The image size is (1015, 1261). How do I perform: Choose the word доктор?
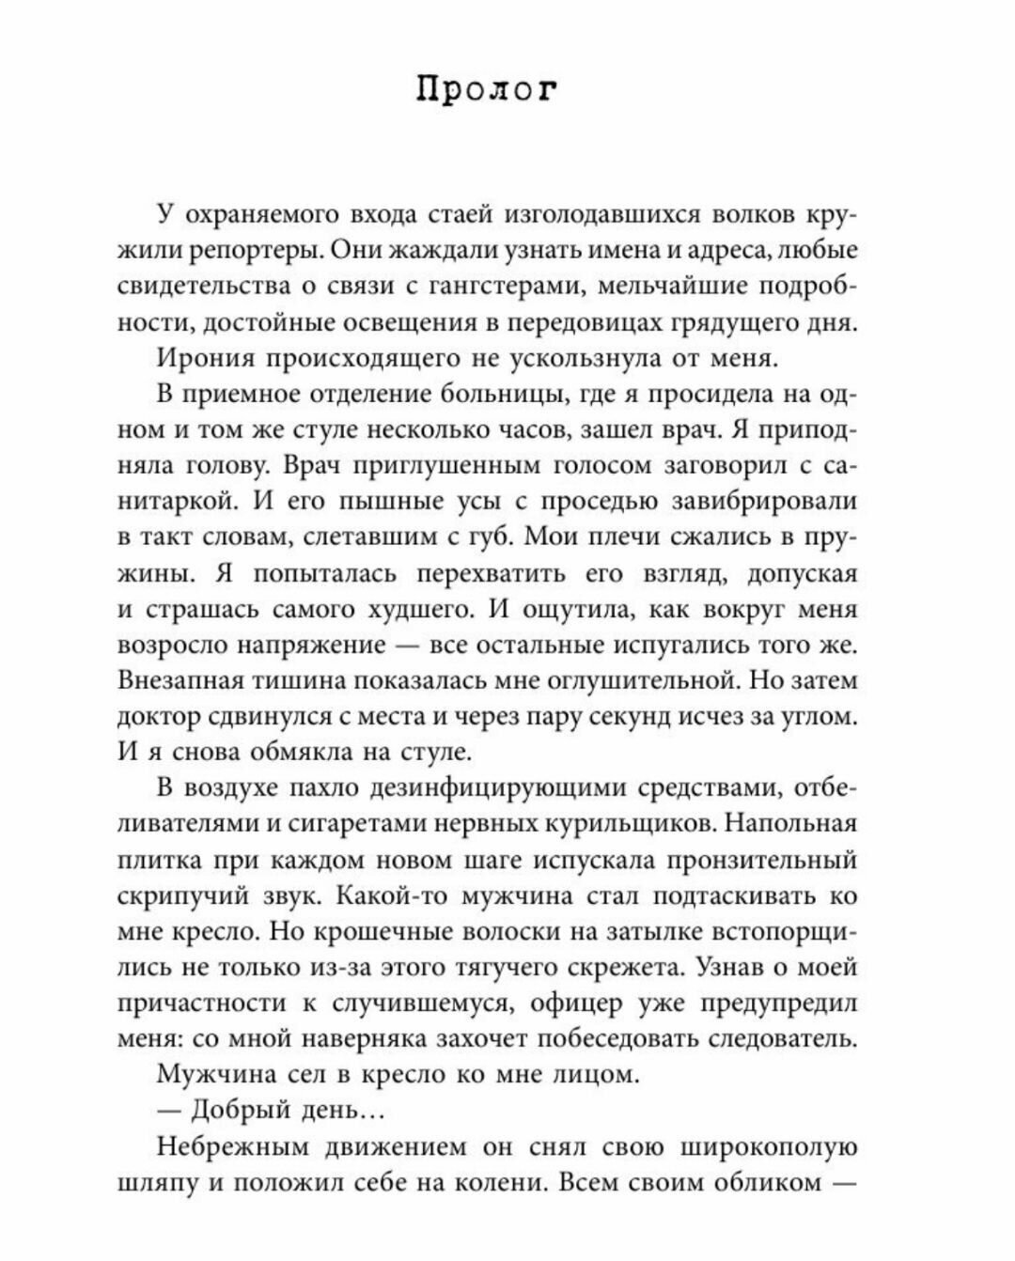click(x=159, y=716)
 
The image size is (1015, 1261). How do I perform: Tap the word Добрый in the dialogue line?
click(x=232, y=1110)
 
